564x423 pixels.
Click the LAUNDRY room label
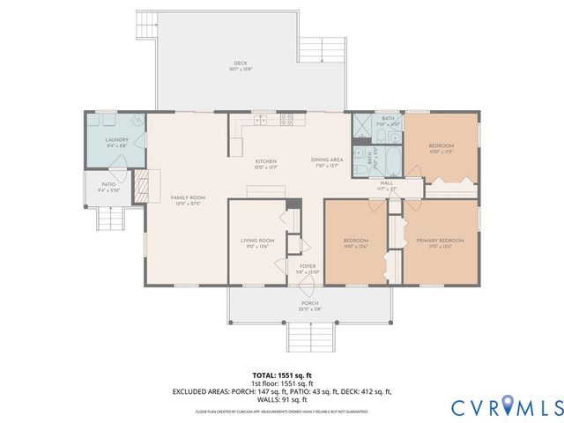tap(117, 140)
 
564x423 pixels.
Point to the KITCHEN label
tap(266, 162)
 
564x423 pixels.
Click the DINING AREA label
tap(325, 160)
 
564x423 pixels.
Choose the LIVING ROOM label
tap(258, 241)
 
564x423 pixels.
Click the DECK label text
tap(241, 64)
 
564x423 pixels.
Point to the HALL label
tap(387, 183)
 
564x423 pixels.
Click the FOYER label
tap(307, 266)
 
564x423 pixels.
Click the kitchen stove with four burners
tap(286, 118)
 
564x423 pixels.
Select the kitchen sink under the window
tap(261, 118)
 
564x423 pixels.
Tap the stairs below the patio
tap(108, 218)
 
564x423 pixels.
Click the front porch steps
tap(309, 336)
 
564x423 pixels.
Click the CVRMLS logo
tap(506, 407)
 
